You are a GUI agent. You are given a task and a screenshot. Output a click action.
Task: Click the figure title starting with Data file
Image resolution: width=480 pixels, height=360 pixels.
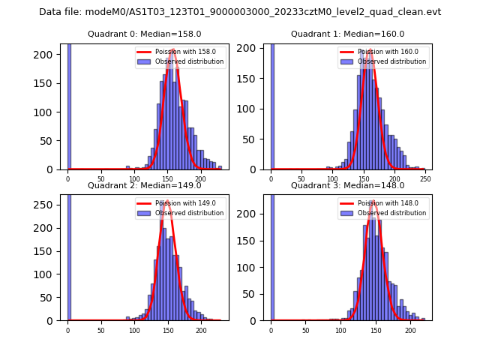(240, 12)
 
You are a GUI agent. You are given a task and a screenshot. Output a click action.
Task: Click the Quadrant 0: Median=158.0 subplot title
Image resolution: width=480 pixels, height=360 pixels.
(144, 34)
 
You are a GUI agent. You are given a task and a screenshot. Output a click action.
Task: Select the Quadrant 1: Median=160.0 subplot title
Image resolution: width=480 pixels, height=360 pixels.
(347, 34)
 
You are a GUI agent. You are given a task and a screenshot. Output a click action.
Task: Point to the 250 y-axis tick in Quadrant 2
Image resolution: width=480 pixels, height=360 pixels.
(50, 205)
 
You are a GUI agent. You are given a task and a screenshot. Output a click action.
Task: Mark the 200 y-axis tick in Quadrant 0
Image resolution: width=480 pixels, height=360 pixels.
(50, 55)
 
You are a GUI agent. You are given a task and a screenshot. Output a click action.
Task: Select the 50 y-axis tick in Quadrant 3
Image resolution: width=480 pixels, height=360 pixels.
(253, 294)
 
